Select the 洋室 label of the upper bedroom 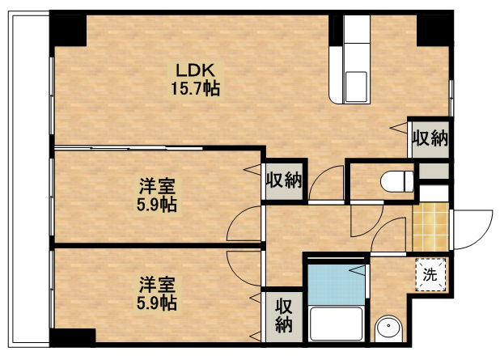(157, 186)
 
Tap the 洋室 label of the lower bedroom (157, 284)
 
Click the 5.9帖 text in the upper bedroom (157, 204)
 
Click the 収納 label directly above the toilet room (428, 138)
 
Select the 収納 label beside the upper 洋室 (283, 180)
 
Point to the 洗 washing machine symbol (431, 274)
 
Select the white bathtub (335, 325)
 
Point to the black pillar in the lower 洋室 (72, 337)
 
